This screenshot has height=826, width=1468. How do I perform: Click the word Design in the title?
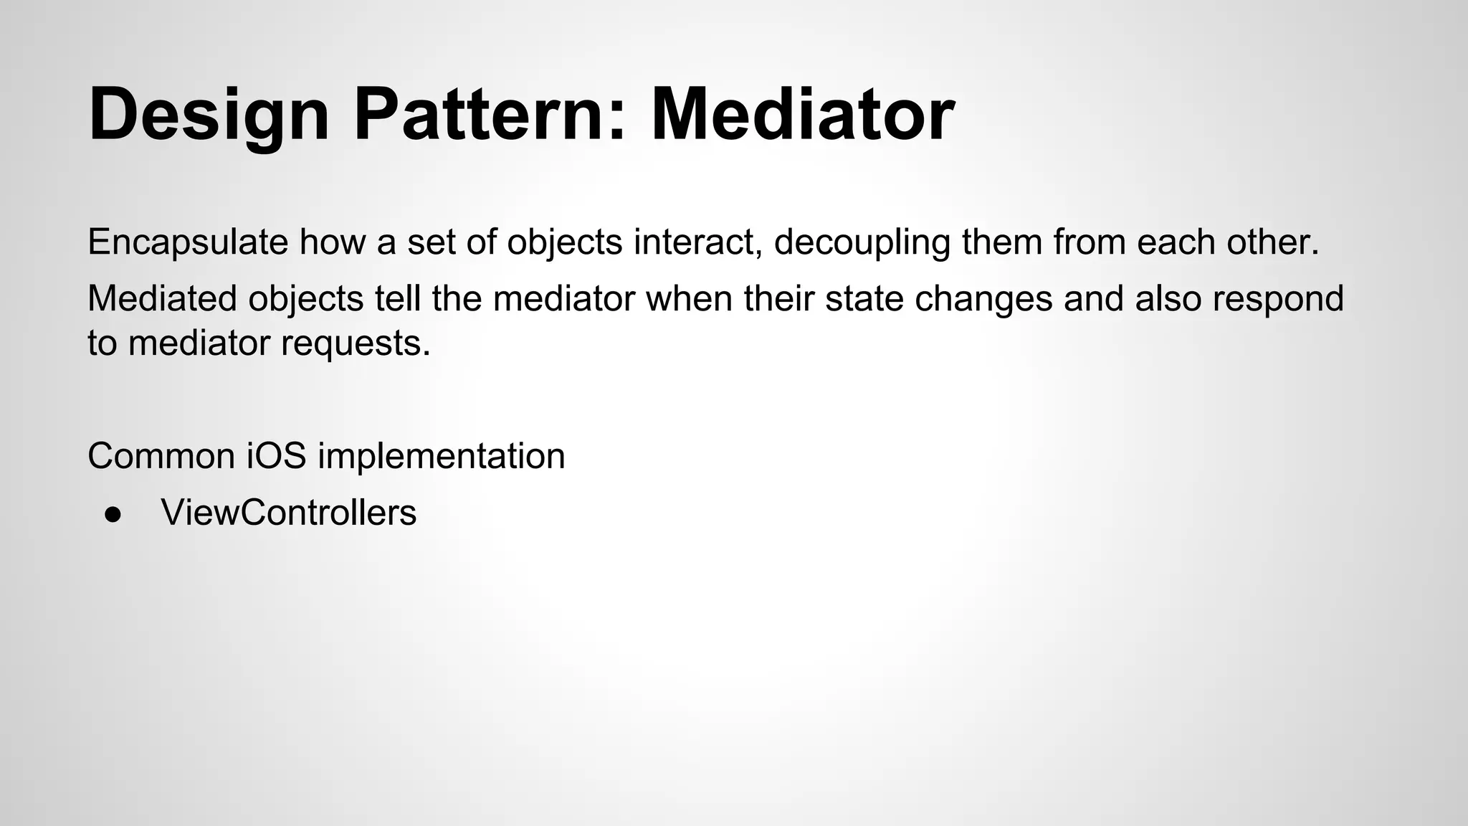point(209,115)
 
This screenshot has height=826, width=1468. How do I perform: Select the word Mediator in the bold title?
point(802,115)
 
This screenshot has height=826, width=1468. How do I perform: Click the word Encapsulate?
point(188,242)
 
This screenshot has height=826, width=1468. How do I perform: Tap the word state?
point(864,298)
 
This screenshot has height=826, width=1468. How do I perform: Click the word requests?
point(356,343)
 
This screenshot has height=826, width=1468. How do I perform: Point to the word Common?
point(161,456)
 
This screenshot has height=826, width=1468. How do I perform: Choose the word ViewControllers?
point(289,513)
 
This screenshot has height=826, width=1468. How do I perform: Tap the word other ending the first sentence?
point(1272,242)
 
